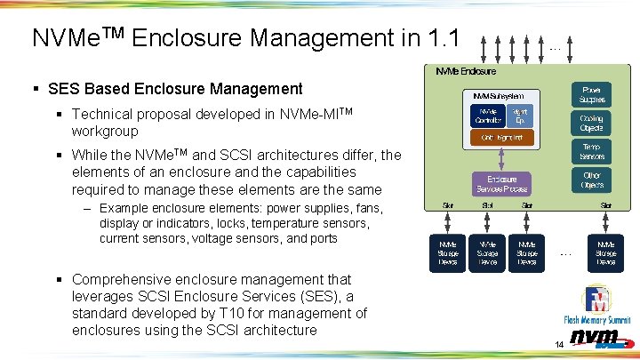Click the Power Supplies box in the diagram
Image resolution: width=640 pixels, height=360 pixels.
point(591,93)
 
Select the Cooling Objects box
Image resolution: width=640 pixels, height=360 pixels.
point(591,123)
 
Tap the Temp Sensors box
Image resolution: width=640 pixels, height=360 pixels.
point(591,151)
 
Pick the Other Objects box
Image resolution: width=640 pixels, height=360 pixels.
point(591,180)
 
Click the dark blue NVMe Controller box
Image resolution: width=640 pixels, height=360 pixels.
point(488,116)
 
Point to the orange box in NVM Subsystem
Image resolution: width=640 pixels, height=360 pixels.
point(500,138)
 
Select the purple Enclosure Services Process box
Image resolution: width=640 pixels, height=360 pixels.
point(500,184)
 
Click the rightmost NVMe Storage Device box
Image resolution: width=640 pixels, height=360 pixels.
point(605,252)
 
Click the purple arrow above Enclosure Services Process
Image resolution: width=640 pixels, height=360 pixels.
point(500,160)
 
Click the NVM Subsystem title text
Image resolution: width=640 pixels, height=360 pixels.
point(498,95)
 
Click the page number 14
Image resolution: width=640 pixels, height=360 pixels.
point(559,344)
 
